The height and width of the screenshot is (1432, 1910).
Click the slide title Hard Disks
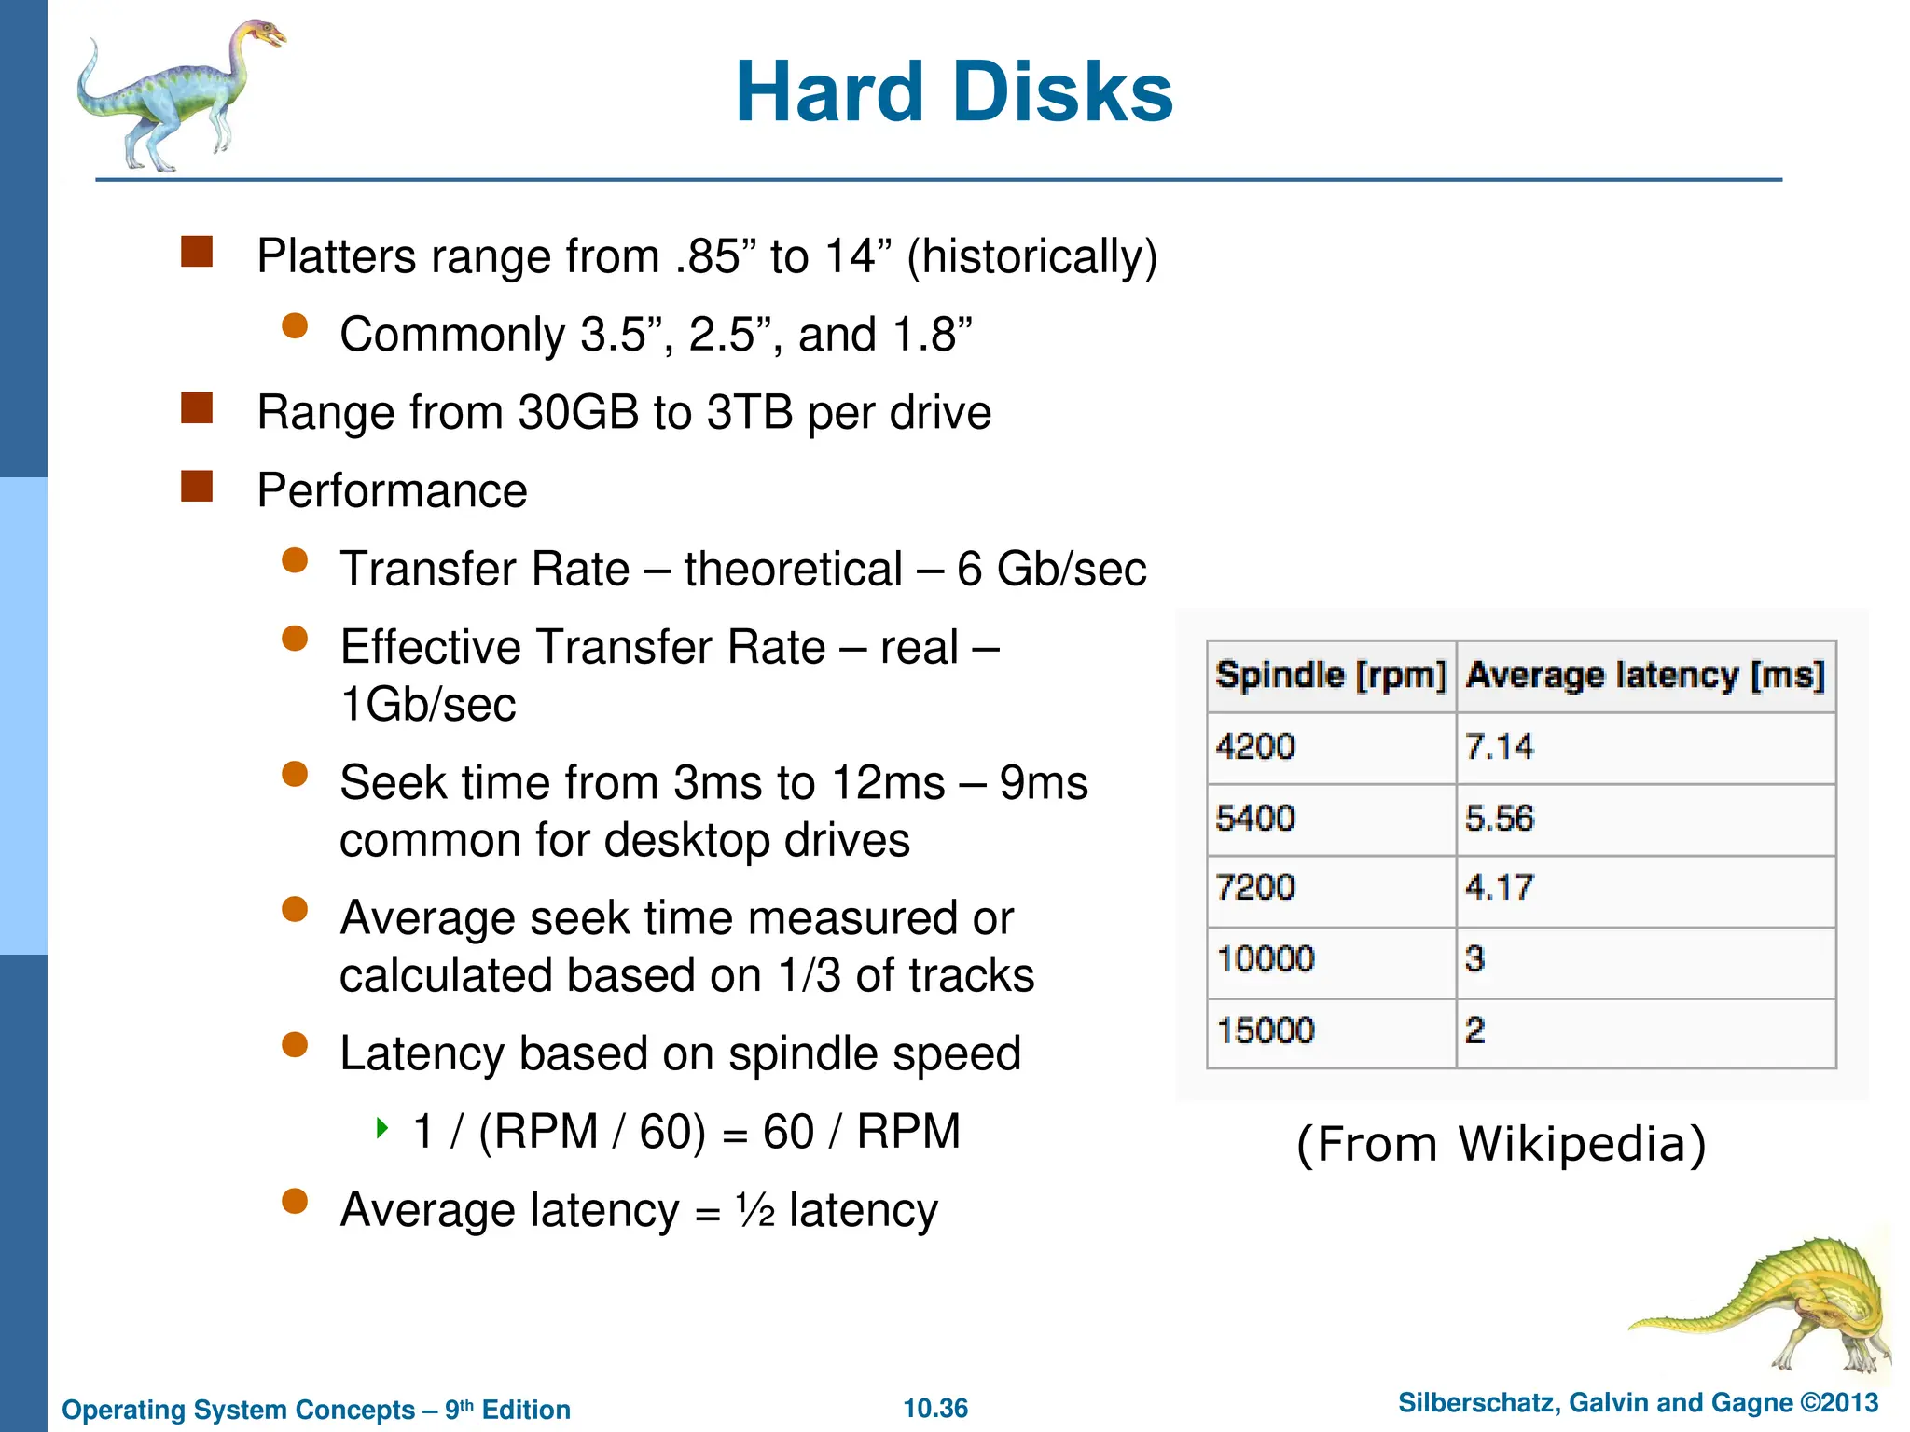click(x=953, y=92)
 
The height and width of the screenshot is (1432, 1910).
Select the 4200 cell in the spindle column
click(x=1255, y=747)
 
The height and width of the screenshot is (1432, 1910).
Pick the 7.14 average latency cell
click(x=1499, y=747)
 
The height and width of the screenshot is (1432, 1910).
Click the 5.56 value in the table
click(x=1499, y=819)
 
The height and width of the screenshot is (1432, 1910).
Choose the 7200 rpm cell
click(x=1255, y=888)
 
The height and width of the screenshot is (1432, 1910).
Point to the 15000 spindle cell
click(x=1266, y=1031)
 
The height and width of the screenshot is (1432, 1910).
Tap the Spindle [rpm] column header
click(x=1331, y=675)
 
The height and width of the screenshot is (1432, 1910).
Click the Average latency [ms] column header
click(x=1645, y=675)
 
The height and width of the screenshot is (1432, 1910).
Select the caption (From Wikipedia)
click(x=1502, y=1144)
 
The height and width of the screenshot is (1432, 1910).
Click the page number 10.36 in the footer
click(x=935, y=1408)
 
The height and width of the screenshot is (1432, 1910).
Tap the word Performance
click(x=392, y=491)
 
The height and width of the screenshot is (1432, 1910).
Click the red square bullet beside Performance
click(x=197, y=486)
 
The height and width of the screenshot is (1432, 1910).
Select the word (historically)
click(x=1031, y=257)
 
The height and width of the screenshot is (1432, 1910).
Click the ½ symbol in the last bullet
click(x=754, y=1211)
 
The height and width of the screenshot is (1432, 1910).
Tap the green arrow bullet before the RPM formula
click(x=381, y=1129)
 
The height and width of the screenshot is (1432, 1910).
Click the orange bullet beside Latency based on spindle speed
click(x=295, y=1045)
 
